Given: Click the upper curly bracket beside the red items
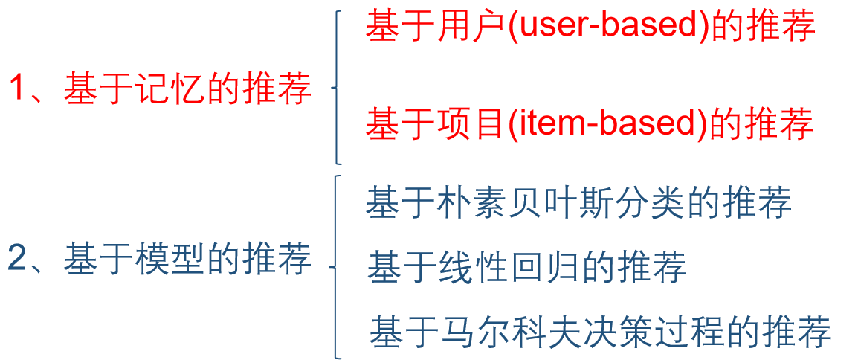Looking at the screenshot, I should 337,88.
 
